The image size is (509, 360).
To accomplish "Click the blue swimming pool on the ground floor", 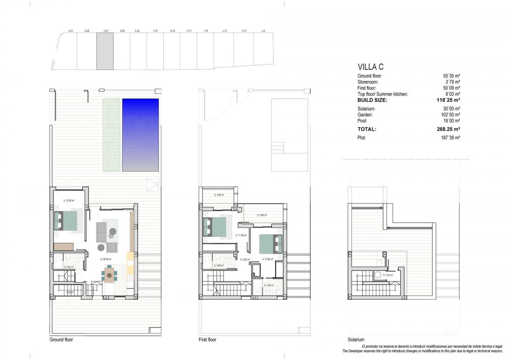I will [x=140, y=135].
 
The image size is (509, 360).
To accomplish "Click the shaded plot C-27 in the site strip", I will [x=105, y=51].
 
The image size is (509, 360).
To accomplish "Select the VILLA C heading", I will [x=371, y=67].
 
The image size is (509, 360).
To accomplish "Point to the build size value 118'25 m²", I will [x=448, y=100].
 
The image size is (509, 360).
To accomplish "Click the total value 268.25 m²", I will [x=448, y=129].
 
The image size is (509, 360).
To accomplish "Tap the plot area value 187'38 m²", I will [x=450, y=138].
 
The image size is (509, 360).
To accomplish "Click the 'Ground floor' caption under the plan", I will [x=61, y=340].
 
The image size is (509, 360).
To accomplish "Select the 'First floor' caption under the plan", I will [x=207, y=340].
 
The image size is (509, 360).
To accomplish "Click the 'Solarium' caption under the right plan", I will [x=356, y=340].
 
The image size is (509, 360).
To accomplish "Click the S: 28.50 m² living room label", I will [x=105, y=259].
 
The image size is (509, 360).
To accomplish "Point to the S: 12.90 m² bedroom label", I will [x=69, y=201].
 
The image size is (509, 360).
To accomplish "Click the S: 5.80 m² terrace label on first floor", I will [x=262, y=215].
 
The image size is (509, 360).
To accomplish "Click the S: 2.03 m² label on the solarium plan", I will [x=388, y=275].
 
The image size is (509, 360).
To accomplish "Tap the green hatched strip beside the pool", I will [x=111, y=135].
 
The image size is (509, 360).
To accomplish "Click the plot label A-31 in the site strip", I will [x=71, y=31].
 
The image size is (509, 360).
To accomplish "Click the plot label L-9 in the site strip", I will [x=263, y=31].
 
